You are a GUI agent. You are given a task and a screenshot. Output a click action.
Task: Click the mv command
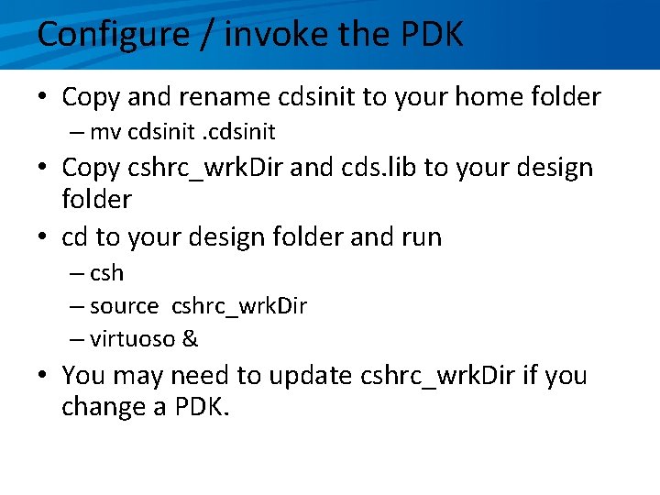tap(105, 132)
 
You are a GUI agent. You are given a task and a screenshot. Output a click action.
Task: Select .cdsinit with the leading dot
tap(241, 132)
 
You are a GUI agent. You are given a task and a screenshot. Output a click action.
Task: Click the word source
tap(124, 306)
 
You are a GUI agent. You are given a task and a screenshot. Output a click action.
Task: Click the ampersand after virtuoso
tap(190, 339)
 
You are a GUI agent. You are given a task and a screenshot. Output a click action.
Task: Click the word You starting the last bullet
tap(83, 376)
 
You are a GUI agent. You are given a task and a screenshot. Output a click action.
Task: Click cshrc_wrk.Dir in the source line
tap(238, 306)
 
